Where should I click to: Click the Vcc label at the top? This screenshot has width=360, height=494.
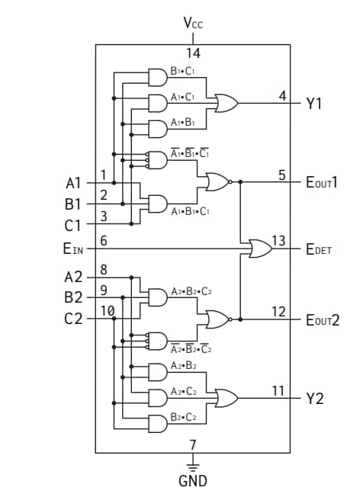(x=193, y=22)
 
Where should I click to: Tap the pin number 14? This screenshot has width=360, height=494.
(x=193, y=53)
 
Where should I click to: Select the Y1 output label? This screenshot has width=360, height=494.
(x=313, y=104)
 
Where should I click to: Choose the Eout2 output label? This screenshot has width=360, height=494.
(x=322, y=319)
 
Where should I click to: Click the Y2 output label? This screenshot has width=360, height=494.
(x=314, y=398)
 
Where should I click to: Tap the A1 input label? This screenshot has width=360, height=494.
(x=73, y=183)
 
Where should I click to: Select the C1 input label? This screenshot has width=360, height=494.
(x=73, y=225)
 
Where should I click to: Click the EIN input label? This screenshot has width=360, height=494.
(x=74, y=248)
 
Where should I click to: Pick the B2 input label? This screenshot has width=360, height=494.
(x=73, y=297)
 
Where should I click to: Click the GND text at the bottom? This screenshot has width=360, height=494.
(x=192, y=481)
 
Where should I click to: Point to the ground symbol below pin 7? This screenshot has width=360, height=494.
(x=192, y=463)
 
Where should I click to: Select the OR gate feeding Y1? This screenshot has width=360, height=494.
(x=227, y=102)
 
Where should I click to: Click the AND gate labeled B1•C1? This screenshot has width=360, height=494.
(x=158, y=78)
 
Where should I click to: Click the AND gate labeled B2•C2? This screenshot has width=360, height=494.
(x=158, y=423)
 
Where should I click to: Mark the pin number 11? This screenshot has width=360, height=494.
(x=278, y=390)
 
